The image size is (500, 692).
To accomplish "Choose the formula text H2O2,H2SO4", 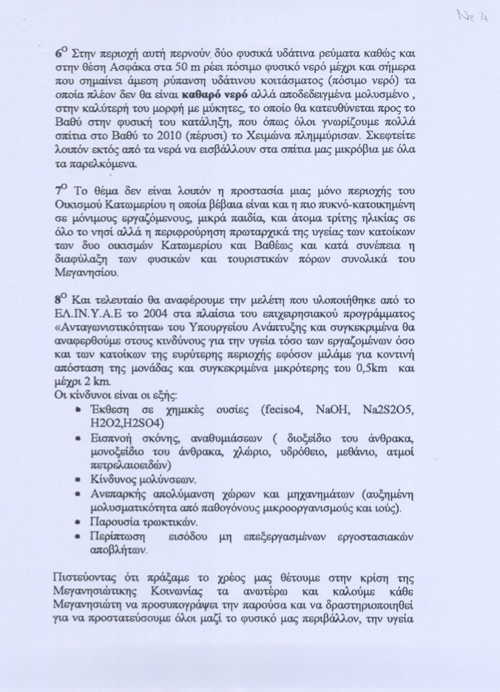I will click(136, 424).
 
